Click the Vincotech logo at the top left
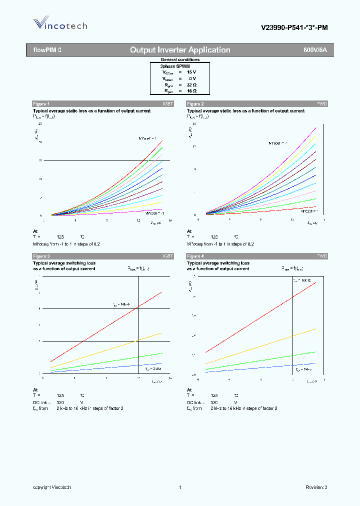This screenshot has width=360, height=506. [60, 24]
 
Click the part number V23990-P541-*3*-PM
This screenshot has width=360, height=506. [294, 28]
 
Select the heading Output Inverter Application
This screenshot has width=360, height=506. [180, 50]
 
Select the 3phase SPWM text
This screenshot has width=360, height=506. [175, 66]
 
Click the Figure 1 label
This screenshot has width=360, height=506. [41, 104]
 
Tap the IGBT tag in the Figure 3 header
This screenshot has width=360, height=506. [167, 256]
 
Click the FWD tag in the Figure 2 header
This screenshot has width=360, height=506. [322, 104]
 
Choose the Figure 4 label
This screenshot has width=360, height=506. [195, 256]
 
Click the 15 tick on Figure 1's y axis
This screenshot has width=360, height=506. [39, 160]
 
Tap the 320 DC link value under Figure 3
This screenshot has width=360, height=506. [60, 402]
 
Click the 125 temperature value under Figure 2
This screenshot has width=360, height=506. [214, 237]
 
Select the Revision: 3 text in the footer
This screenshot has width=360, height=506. [316, 487]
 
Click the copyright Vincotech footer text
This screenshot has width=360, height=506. [52, 487]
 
